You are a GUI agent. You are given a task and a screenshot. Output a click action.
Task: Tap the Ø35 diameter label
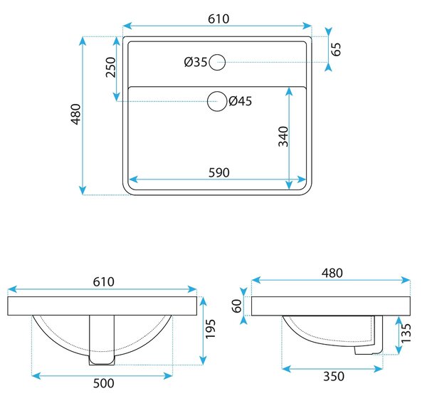click(x=196, y=62)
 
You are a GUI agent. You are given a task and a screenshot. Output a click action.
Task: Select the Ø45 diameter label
click(x=241, y=101)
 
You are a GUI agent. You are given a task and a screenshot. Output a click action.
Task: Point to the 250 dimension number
click(x=111, y=67)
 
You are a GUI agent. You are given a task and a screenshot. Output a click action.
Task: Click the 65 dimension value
click(x=337, y=49)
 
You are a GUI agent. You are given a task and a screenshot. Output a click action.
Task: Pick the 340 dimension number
click(x=283, y=136)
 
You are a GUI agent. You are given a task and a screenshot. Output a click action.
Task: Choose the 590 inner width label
click(x=219, y=172)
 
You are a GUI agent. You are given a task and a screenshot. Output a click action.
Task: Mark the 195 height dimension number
click(x=210, y=329)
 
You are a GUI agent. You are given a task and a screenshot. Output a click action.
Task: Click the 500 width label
click(x=103, y=383)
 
